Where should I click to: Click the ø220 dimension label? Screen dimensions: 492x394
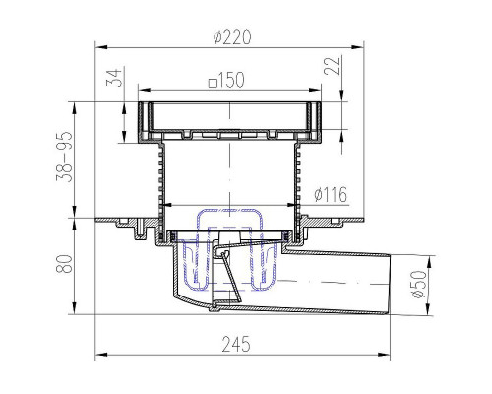coord(232,36)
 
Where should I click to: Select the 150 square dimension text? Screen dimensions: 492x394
coord(226,80)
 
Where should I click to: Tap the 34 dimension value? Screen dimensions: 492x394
coord(114,78)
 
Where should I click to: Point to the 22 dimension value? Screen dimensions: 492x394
coord(332,66)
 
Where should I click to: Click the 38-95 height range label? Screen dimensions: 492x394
coord(64,157)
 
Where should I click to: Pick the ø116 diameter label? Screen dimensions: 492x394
coord(331,195)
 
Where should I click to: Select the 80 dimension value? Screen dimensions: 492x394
coord(64,264)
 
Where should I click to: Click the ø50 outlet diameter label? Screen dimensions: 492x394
coord(419,285)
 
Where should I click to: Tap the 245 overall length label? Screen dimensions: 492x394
coord(236,344)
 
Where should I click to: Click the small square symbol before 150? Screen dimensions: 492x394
coord(214,83)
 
